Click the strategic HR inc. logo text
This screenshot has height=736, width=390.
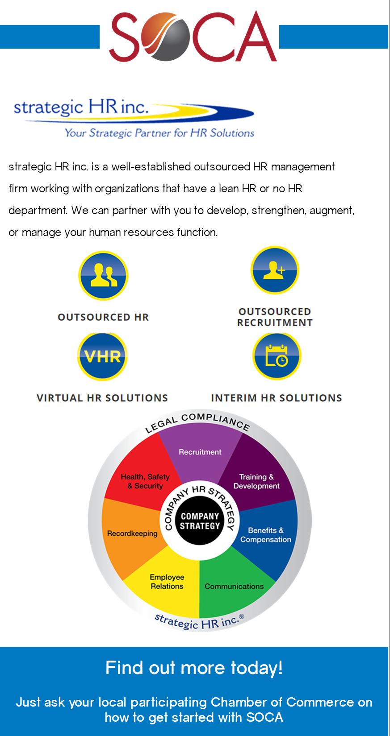pos(80,107)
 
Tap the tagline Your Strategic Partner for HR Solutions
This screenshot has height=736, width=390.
pos(159,132)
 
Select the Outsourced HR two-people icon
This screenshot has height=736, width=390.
pos(103,276)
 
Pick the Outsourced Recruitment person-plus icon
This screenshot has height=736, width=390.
pos(274,270)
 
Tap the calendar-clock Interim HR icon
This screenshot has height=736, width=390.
pos(277,356)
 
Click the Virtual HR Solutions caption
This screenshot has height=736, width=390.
pos(102,398)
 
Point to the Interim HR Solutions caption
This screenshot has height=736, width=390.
pos(277,398)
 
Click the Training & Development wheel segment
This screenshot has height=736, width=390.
pos(256,481)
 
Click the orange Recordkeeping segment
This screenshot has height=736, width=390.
pos(132,533)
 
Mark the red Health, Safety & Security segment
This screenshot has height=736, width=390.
pos(145,481)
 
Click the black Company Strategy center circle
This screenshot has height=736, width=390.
pos(200,521)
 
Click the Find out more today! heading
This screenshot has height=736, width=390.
pos(194,668)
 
